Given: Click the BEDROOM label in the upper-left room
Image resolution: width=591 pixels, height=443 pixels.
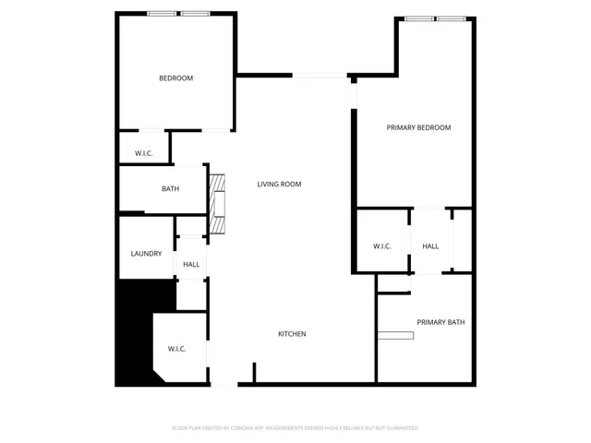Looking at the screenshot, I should pyautogui.click(x=175, y=78).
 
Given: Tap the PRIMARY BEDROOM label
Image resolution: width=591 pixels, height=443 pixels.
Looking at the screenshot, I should pyautogui.click(x=418, y=127).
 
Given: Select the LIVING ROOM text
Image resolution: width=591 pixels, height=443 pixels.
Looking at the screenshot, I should pyautogui.click(x=279, y=185).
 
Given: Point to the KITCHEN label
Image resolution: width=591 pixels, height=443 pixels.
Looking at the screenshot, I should pyautogui.click(x=292, y=334).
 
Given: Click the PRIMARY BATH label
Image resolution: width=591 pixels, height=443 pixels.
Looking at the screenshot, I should pyautogui.click(x=440, y=322).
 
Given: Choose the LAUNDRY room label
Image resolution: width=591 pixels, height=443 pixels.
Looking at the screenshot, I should pyautogui.click(x=146, y=254).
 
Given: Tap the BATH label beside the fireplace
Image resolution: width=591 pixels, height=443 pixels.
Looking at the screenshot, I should pyautogui.click(x=170, y=189).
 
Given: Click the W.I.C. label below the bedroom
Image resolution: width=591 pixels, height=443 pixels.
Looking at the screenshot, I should pyautogui.click(x=143, y=153).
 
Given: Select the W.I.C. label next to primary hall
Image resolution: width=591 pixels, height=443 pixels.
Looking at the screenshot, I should pyautogui.click(x=382, y=246).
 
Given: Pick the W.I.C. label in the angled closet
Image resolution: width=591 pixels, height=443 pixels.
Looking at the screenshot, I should pyautogui.click(x=176, y=349).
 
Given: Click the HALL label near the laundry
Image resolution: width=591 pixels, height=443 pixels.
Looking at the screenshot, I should pyautogui.click(x=191, y=265).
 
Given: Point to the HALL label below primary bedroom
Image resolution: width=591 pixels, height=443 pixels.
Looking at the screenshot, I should pyautogui.click(x=430, y=246).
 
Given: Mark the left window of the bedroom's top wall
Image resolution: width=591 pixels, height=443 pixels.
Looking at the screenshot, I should pyautogui.click(x=163, y=13).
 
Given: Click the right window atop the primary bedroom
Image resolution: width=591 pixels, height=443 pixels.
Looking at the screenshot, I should pyautogui.click(x=450, y=18).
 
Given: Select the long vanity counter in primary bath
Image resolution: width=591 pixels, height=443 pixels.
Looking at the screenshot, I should pyautogui.click(x=395, y=333).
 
